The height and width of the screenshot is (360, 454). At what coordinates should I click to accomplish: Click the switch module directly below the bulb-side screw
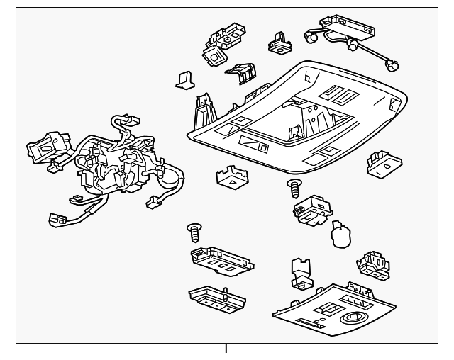[309, 209]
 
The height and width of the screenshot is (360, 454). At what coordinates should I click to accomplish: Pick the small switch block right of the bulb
[373, 264]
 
